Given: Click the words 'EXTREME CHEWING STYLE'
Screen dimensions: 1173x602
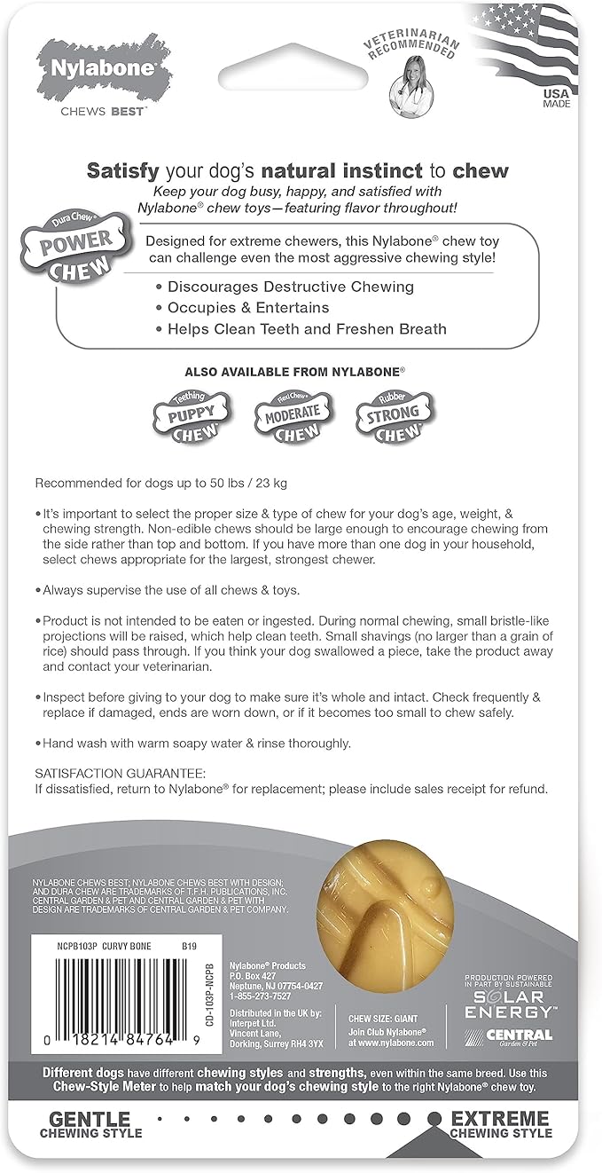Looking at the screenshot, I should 501,1123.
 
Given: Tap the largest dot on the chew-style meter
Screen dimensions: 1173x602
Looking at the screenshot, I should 434,1118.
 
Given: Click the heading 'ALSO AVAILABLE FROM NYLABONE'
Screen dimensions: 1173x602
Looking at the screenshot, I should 299,371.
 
